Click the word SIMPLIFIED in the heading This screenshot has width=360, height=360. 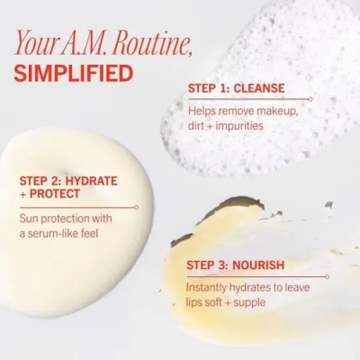(x=73, y=72)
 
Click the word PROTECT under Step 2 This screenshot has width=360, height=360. (x=56, y=194)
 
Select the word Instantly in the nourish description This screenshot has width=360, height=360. (x=209, y=287)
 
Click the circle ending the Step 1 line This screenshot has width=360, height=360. (x=310, y=99)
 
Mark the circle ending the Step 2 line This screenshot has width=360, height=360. (x=136, y=207)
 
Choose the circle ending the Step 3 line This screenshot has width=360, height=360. (x=327, y=276)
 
